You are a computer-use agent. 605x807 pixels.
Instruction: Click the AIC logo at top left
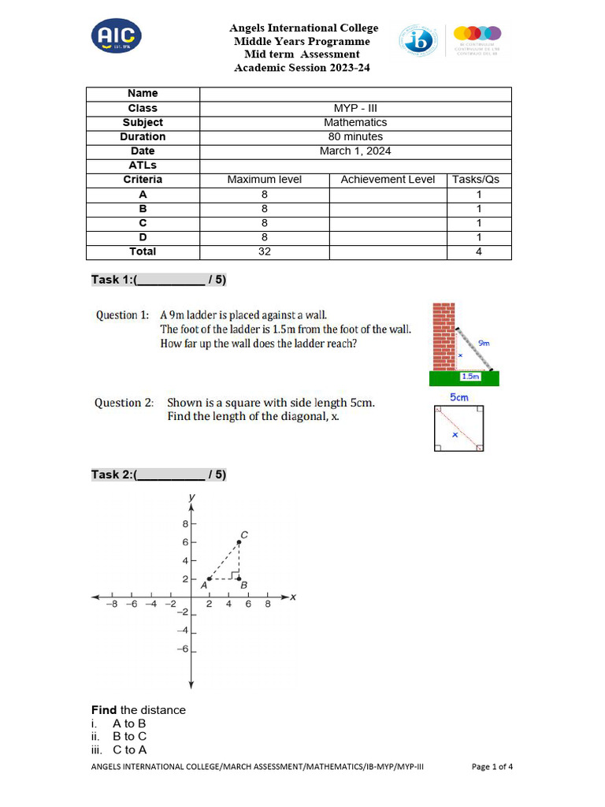click(x=117, y=37)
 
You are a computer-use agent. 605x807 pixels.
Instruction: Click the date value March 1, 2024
click(x=355, y=151)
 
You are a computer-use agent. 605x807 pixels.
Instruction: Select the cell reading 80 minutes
click(x=355, y=136)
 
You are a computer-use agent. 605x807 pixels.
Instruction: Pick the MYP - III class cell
click(x=355, y=108)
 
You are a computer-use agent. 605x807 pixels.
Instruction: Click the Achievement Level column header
click(x=388, y=179)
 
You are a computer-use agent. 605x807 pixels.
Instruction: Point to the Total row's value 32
click(x=264, y=251)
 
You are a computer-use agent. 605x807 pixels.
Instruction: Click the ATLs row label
click(x=143, y=165)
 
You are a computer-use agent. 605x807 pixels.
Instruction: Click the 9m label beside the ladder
click(x=484, y=343)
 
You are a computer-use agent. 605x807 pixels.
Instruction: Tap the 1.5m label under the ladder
click(x=470, y=377)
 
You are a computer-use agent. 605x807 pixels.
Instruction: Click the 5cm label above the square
click(x=459, y=398)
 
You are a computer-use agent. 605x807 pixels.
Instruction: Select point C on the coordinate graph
click(x=239, y=542)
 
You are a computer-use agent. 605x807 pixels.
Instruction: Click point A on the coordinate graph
click(x=209, y=578)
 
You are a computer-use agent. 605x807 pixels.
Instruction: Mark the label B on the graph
click(x=243, y=586)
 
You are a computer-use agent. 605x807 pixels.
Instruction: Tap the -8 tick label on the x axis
click(x=113, y=604)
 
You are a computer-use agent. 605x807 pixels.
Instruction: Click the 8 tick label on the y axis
click(x=185, y=523)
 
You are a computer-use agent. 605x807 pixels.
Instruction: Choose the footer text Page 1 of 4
click(x=492, y=765)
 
